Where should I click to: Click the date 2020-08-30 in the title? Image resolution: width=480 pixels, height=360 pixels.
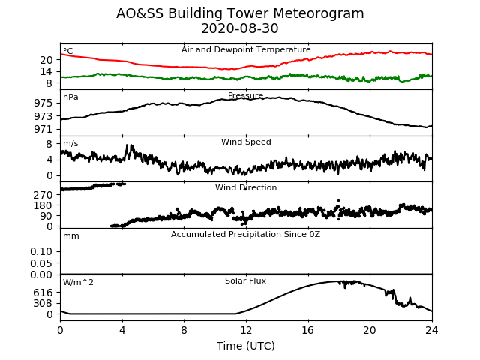pos(240,28)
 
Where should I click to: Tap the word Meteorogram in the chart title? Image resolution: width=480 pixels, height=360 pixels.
pos(318,14)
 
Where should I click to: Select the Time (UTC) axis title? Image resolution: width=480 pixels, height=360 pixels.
pos(246,346)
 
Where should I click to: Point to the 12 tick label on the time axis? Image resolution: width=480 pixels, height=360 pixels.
pos(246,330)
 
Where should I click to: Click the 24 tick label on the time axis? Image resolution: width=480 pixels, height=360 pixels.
pos(432,330)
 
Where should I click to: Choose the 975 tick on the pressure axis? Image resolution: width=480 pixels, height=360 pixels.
pos(43,103)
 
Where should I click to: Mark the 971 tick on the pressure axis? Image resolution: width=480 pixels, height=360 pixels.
pos(43,130)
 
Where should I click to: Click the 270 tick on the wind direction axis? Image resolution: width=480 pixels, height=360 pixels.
pos(43,195)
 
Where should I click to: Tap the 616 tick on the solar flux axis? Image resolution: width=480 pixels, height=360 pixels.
pos(43,292)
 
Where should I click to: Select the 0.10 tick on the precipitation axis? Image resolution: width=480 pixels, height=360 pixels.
pos(41,252)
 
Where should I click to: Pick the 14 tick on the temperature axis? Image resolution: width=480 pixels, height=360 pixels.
pos(46,72)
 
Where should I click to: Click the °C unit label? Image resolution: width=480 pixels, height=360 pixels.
pos(68,51)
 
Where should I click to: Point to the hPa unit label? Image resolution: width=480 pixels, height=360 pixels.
pos(70,97)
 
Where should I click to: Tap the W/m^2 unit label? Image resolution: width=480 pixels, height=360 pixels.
pos(78,282)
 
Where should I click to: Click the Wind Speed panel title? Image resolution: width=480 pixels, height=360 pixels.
pos(246,142)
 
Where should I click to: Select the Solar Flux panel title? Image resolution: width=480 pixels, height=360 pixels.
pos(245,280)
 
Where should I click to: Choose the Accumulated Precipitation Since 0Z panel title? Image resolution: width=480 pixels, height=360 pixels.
pos(245,235)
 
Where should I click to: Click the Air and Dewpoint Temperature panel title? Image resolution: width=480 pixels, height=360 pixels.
pos(246,50)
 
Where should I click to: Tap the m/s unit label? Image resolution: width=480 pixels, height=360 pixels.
pos(70,143)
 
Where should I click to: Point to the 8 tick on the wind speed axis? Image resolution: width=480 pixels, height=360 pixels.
pos(49,144)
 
